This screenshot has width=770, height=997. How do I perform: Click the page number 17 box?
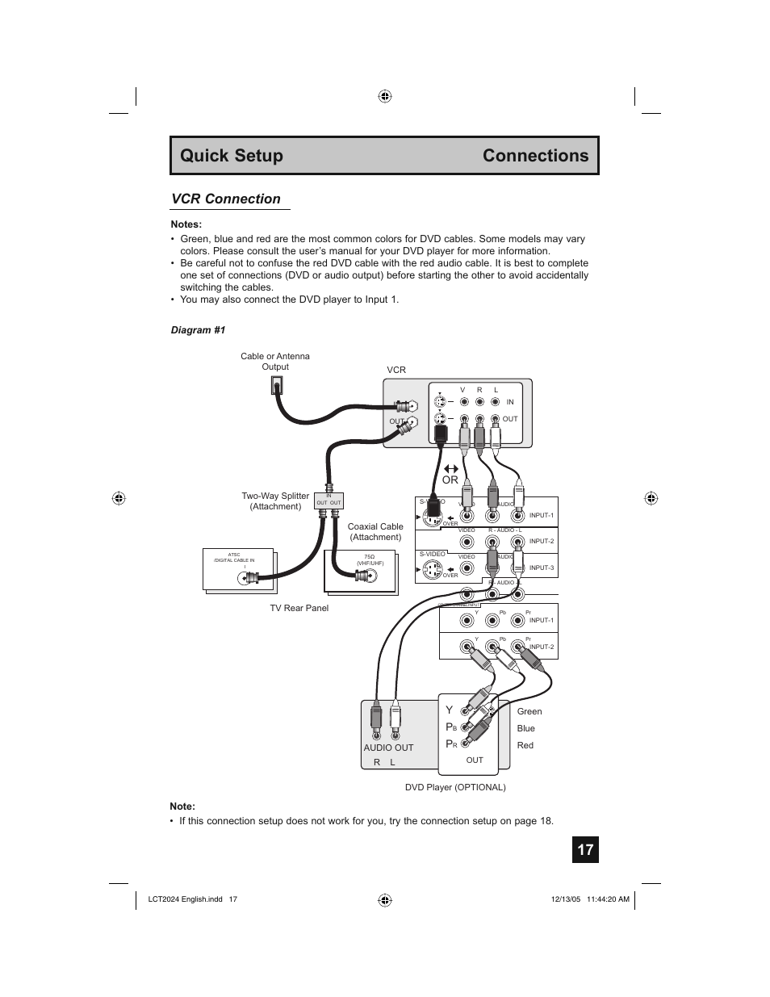pyautogui.click(x=585, y=849)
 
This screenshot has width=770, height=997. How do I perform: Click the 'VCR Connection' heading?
pyautogui.click(x=226, y=199)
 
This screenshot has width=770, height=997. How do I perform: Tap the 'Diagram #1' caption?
pyautogui.click(x=198, y=330)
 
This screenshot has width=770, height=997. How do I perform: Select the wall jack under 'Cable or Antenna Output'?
pyautogui.click(x=276, y=385)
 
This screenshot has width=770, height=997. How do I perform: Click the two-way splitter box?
pyautogui.click(x=329, y=501)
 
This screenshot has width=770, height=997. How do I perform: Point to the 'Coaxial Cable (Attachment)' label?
pyautogui.click(x=375, y=532)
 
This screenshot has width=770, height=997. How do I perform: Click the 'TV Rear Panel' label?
pyautogui.click(x=299, y=608)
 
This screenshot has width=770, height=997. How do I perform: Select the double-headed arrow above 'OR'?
pyautogui.click(x=450, y=468)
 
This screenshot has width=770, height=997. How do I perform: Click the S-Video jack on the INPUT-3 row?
pyautogui.click(x=433, y=569)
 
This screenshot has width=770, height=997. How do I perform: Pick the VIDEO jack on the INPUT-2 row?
pyautogui.click(x=467, y=542)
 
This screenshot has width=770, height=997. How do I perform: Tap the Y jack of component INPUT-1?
pyautogui.click(x=467, y=621)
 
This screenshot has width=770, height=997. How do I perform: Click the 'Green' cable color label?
pyautogui.click(x=529, y=711)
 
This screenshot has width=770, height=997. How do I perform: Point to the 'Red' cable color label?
pyautogui.click(x=525, y=745)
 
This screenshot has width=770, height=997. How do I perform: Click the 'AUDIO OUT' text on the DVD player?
pyautogui.click(x=388, y=748)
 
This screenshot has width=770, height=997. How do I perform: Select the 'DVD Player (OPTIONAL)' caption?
pyautogui.click(x=455, y=787)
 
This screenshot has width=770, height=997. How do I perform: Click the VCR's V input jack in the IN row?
pyautogui.click(x=463, y=402)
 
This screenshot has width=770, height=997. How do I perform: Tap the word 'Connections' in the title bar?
pyautogui.click(x=535, y=156)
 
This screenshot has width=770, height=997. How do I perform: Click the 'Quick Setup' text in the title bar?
pyautogui.click(x=232, y=156)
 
